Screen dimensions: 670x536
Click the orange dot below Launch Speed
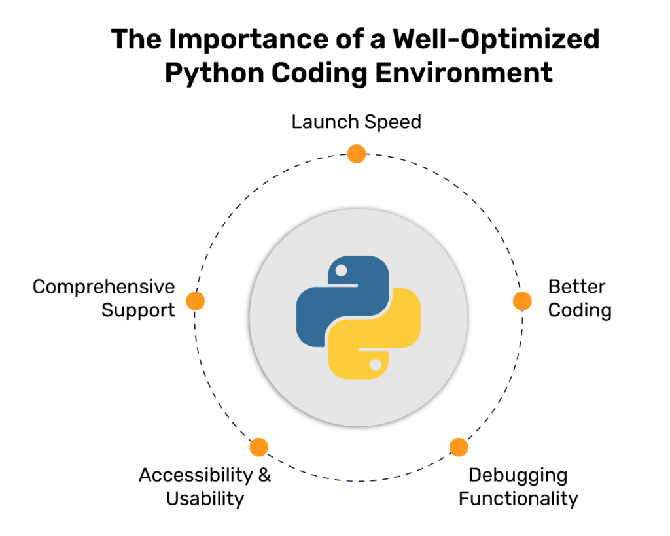click(357, 154)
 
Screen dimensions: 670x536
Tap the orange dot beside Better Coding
click(522, 301)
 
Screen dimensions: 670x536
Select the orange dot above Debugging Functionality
click(459, 447)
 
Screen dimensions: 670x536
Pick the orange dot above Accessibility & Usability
click(258, 447)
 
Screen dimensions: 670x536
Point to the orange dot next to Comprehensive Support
click(195, 301)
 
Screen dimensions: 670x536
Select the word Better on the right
click(576, 287)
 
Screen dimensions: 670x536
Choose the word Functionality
click(518, 499)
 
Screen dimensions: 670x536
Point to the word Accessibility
click(196, 475)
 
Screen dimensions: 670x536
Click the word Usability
click(205, 499)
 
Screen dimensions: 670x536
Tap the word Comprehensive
click(104, 287)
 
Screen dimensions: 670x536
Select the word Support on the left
click(138, 310)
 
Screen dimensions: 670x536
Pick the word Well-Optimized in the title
click(496, 40)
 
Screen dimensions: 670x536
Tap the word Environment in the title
click(464, 73)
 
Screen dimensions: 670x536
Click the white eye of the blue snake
click(341, 270)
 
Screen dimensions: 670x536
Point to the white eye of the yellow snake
click(376, 365)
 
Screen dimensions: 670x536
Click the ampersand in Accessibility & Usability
click(264, 475)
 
